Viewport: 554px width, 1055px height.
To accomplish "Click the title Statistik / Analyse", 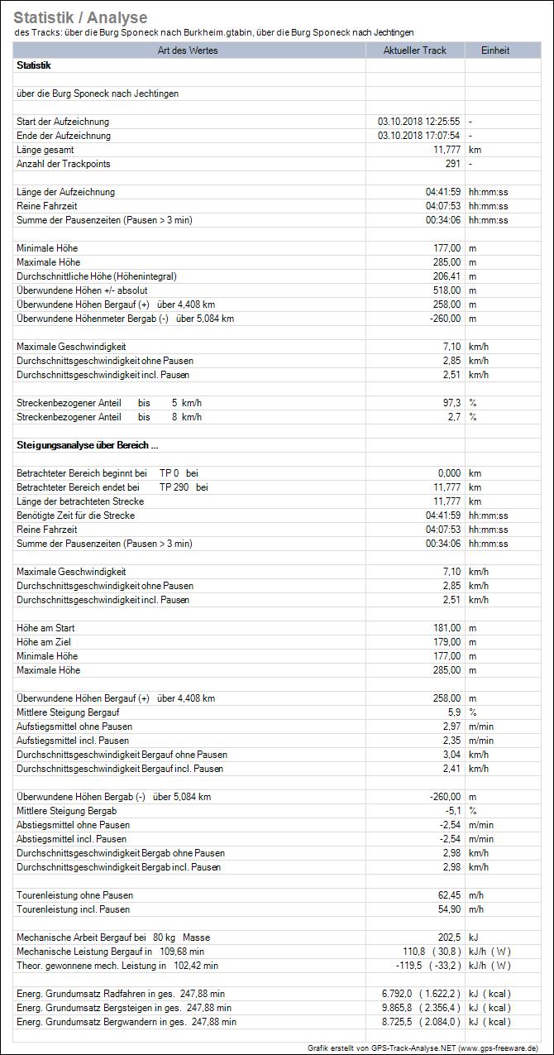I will coord(80,17).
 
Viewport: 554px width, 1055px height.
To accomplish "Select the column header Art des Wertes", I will coord(189,50).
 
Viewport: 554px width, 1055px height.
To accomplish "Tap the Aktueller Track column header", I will coord(415,50).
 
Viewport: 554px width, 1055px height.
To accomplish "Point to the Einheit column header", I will coord(495,50).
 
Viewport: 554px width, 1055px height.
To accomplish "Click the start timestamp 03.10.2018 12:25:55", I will coord(419,122).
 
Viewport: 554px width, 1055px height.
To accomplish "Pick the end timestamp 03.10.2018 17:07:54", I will coord(419,136).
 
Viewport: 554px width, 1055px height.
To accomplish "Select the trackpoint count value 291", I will coord(452,164).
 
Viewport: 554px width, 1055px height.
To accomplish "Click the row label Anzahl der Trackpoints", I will coord(64,164).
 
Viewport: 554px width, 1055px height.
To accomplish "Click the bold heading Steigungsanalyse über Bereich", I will coord(82,445).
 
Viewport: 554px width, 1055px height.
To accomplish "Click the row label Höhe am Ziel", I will coord(45,642).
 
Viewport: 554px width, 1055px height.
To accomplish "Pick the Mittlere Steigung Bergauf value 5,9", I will coord(454,712).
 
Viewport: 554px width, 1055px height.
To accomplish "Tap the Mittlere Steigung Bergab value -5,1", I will coord(452,811).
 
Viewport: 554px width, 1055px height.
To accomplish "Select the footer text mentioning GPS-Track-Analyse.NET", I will coord(423,1048).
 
